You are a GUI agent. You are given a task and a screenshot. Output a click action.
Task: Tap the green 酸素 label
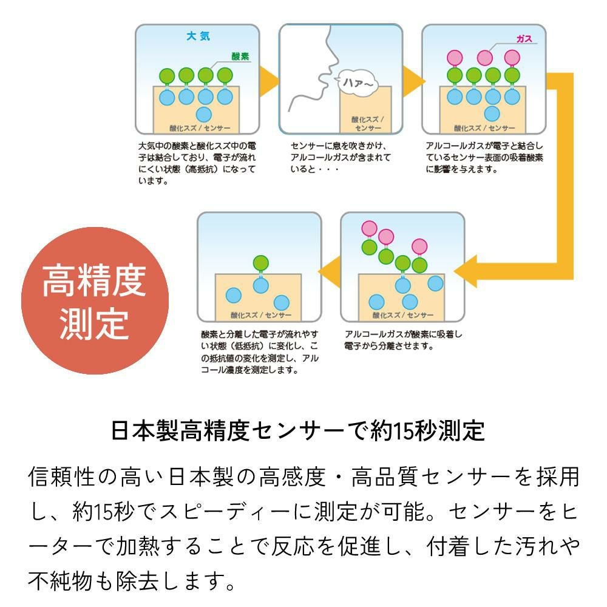pyautogui.click(x=240, y=56)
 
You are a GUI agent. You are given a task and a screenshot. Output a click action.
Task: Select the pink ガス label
pyautogui.click(x=524, y=39)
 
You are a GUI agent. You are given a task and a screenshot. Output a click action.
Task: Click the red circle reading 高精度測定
pyautogui.click(x=93, y=301)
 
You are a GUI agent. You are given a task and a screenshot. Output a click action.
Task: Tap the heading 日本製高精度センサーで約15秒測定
pyautogui.click(x=298, y=431)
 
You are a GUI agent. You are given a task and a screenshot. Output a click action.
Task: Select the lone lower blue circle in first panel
pyautogui.click(x=204, y=114)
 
